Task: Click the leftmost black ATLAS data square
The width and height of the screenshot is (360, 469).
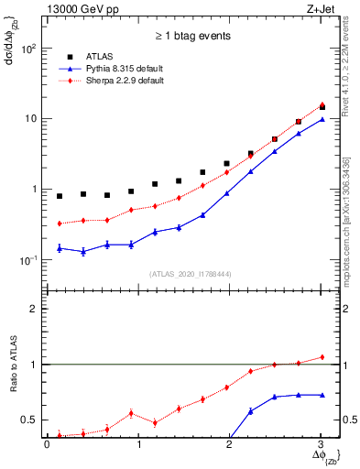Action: coord(60,196)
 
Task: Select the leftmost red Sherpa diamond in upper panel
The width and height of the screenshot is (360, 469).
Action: coord(60,224)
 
